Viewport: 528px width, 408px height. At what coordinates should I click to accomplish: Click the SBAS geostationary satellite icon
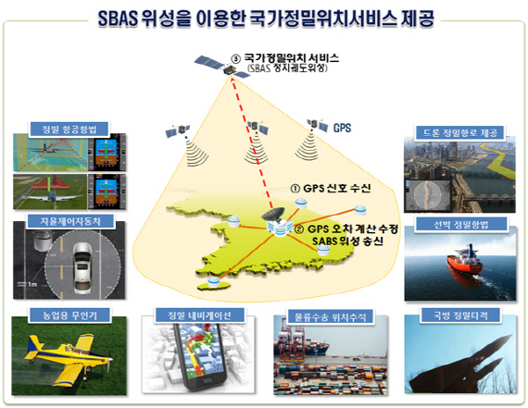[207, 62]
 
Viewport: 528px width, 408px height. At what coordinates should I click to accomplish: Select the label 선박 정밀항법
[460, 224]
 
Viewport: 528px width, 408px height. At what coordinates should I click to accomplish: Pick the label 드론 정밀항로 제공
[460, 133]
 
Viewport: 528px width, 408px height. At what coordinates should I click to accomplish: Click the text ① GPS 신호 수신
[331, 189]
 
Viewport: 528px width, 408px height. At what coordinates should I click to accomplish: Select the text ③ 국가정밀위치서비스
[283, 58]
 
